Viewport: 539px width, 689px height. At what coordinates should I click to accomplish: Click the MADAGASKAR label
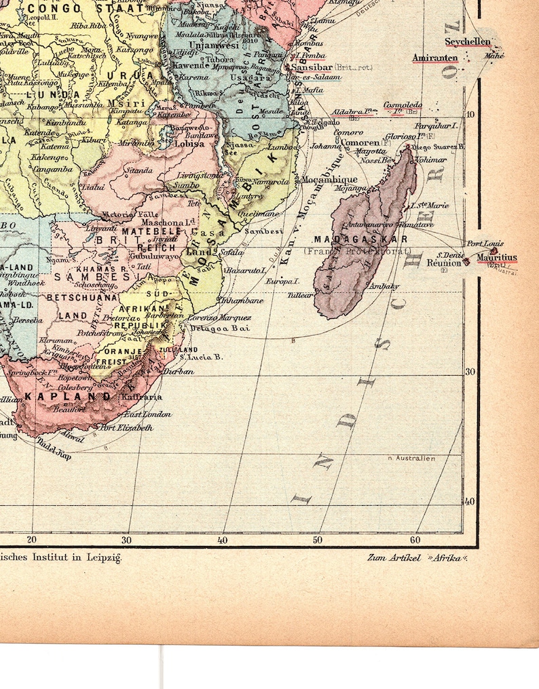coord(360,239)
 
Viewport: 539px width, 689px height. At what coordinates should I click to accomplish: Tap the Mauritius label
coord(496,258)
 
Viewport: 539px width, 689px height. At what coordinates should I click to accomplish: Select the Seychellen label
coord(467,41)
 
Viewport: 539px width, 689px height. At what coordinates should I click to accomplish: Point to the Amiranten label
coord(435,58)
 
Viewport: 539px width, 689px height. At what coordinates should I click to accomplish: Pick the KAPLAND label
coord(67,395)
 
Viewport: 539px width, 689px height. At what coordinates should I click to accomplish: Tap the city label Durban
coord(179,372)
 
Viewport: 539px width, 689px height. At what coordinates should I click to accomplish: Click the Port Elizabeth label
coord(126,428)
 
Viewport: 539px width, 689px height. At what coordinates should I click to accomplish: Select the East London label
coord(147,414)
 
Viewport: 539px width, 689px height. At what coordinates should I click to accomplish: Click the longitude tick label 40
coord(222,540)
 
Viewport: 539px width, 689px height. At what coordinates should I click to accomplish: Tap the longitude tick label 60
coord(415,540)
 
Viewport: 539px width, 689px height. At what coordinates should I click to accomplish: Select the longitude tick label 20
coord(31,540)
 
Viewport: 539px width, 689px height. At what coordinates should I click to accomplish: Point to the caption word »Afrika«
coord(449,558)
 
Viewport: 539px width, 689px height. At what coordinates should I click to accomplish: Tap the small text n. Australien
coord(411,458)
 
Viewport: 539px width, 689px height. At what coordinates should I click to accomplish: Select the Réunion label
coord(444,262)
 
